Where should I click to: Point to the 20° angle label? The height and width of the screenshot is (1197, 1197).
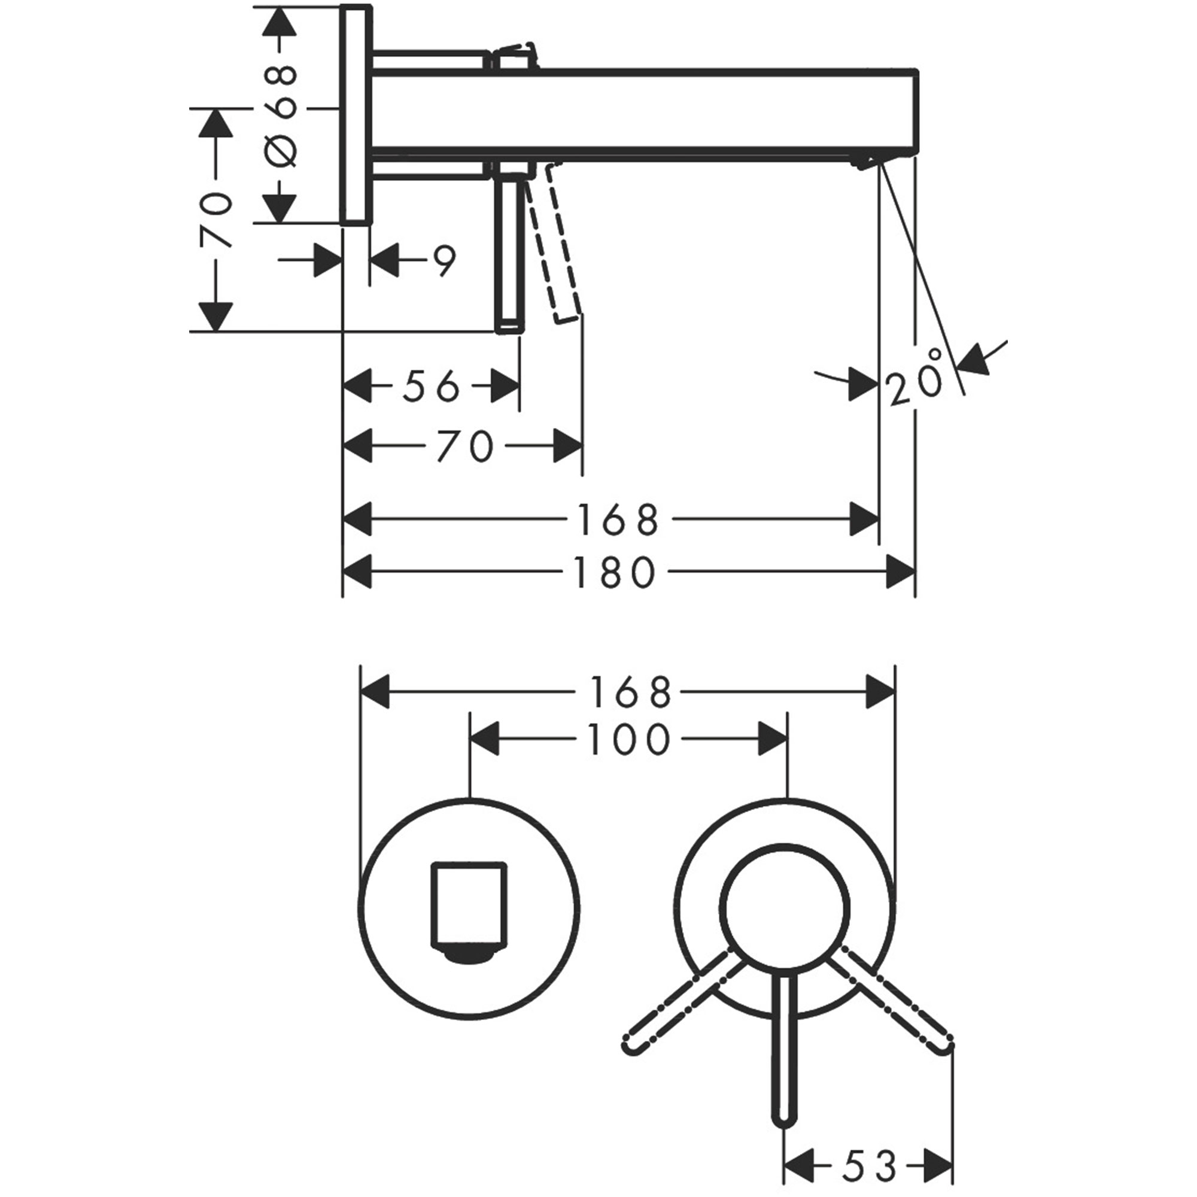(916, 379)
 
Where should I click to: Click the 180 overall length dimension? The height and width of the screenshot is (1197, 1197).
(615, 573)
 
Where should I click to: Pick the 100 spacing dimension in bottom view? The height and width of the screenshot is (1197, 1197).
(630, 740)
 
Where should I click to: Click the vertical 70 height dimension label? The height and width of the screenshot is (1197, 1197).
(216, 220)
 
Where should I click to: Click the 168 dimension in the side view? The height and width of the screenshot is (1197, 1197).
(617, 519)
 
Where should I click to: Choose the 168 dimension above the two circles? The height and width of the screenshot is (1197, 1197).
(630, 692)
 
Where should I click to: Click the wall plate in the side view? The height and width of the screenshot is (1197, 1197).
(356, 116)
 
